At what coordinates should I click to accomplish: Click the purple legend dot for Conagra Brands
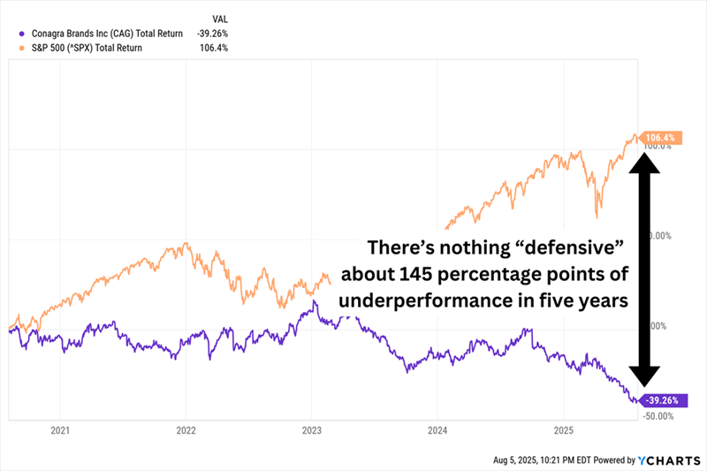pyautogui.click(x=21, y=34)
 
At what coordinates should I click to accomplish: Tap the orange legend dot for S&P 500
pyautogui.click(x=21, y=48)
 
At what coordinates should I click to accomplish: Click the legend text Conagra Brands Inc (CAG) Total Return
pyautogui.click(x=107, y=34)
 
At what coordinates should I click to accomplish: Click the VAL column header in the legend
pyautogui.click(x=219, y=18)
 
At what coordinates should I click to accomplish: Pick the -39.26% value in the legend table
pyautogui.click(x=213, y=34)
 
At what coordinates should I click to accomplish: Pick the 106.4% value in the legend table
pyautogui.click(x=215, y=48)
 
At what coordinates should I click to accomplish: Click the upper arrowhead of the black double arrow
pyautogui.click(x=645, y=162)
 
